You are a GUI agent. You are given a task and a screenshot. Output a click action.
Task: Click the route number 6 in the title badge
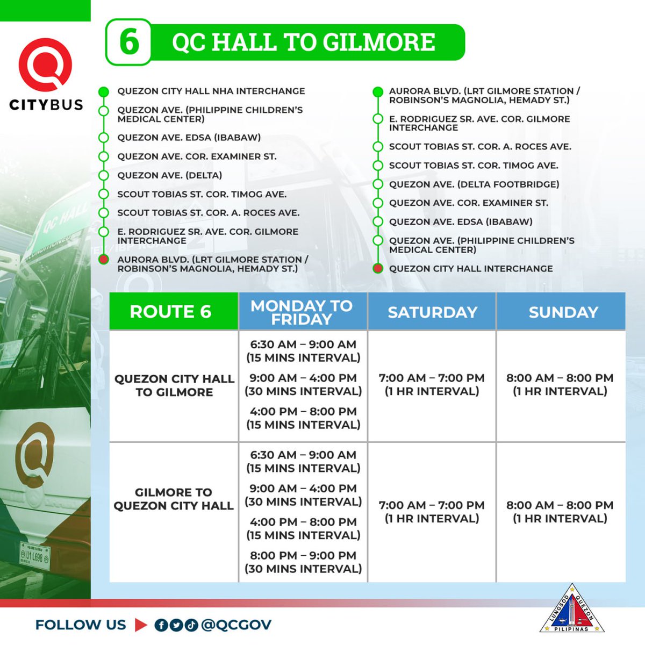[x=129, y=42]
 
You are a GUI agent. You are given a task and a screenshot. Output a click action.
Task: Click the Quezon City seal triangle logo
[x=572, y=609]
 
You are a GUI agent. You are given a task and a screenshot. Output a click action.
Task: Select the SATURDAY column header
[x=432, y=312]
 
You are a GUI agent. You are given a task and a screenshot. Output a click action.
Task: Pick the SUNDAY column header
[x=563, y=312]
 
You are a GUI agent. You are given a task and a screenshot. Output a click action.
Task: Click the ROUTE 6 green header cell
[x=170, y=312]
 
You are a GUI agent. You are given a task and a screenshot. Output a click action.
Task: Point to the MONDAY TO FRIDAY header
[x=302, y=312]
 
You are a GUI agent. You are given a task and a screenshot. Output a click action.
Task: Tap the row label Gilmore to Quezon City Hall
[x=173, y=499]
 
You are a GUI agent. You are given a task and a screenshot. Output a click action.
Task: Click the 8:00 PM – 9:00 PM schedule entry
[x=303, y=562]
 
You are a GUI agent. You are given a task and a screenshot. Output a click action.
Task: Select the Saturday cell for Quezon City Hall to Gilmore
[x=432, y=384]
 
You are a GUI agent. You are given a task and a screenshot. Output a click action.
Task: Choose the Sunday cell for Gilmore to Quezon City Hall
[x=560, y=512]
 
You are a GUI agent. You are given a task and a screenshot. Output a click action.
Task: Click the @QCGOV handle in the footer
[x=236, y=625]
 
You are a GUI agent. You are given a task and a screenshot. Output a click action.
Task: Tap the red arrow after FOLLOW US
[x=141, y=625]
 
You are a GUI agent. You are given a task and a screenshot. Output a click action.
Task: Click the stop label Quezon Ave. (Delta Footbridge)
[x=474, y=184]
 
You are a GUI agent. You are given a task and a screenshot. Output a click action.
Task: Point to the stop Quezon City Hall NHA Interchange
[x=211, y=91]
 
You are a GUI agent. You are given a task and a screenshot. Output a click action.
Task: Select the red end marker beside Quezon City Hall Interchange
[x=378, y=268]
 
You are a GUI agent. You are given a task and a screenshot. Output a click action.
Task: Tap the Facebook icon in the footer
[x=161, y=625]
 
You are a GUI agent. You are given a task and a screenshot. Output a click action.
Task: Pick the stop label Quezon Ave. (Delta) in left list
[x=169, y=175]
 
